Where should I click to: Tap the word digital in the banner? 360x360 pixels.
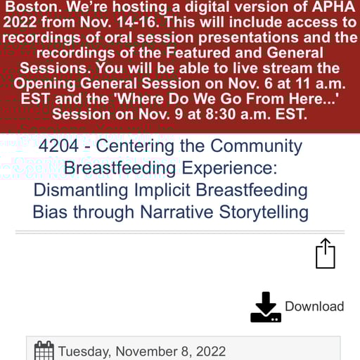point(195,7)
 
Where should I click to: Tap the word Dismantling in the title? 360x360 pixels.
point(78,190)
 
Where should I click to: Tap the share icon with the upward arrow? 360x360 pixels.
point(325,254)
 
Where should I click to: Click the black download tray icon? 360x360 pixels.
point(266,307)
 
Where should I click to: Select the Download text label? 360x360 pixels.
point(314,307)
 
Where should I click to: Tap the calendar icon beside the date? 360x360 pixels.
point(44,350)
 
